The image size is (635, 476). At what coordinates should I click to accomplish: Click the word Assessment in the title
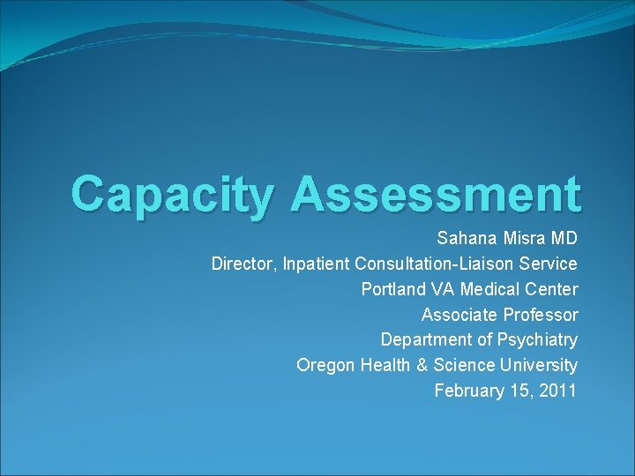(x=438, y=194)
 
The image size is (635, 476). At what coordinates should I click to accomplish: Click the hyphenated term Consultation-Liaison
(x=436, y=264)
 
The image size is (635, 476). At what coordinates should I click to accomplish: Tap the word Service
(x=550, y=264)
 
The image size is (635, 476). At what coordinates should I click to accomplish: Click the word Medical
(x=488, y=289)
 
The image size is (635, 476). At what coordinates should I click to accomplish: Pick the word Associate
(x=459, y=315)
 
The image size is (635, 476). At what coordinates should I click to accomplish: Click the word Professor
(x=541, y=315)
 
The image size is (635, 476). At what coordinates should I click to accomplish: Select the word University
(x=538, y=365)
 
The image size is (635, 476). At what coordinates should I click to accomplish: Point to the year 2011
(x=558, y=390)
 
